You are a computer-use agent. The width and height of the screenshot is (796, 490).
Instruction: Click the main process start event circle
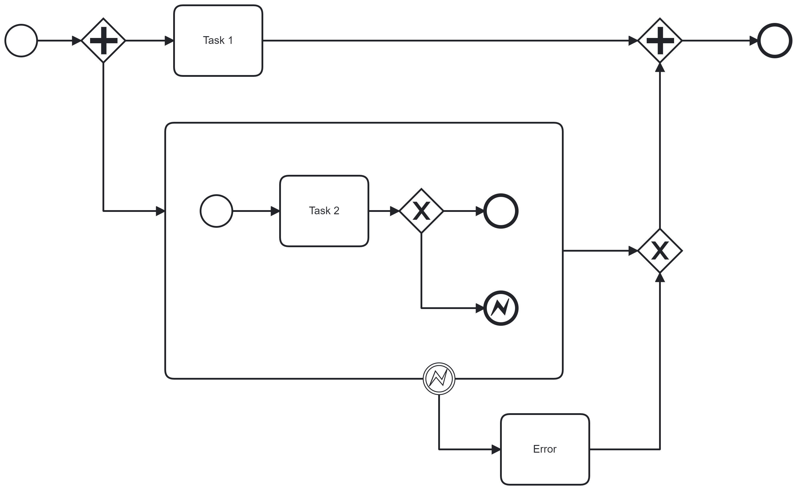tap(21, 41)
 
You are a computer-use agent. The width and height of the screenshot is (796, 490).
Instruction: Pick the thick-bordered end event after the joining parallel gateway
tap(775, 41)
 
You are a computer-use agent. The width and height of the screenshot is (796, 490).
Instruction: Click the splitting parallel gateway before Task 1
tap(103, 41)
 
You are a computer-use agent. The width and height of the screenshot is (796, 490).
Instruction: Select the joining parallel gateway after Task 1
tap(660, 41)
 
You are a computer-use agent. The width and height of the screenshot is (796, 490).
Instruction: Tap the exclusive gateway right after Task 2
tap(421, 211)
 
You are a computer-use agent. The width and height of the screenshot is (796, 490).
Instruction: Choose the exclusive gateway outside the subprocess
tap(660, 251)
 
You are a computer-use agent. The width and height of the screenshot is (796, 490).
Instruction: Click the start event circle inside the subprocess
tap(216, 211)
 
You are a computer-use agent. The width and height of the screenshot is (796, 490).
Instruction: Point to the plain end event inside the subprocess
tap(501, 211)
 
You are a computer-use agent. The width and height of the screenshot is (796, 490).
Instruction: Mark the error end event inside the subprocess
tap(501, 308)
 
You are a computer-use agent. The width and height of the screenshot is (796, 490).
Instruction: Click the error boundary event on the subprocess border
tap(439, 378)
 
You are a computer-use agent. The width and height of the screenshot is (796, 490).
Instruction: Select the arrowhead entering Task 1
tap(169, 41)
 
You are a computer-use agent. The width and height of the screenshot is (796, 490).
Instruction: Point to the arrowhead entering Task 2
tap(275, 211)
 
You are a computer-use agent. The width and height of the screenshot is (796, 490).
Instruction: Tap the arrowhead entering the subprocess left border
tap(160, 211)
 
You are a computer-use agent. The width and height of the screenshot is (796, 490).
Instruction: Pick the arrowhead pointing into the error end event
tap(480, 308)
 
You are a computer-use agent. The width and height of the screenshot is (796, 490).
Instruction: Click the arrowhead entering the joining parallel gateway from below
tap(660, 67)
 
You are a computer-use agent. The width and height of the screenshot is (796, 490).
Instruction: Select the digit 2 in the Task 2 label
tap(336, 211)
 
